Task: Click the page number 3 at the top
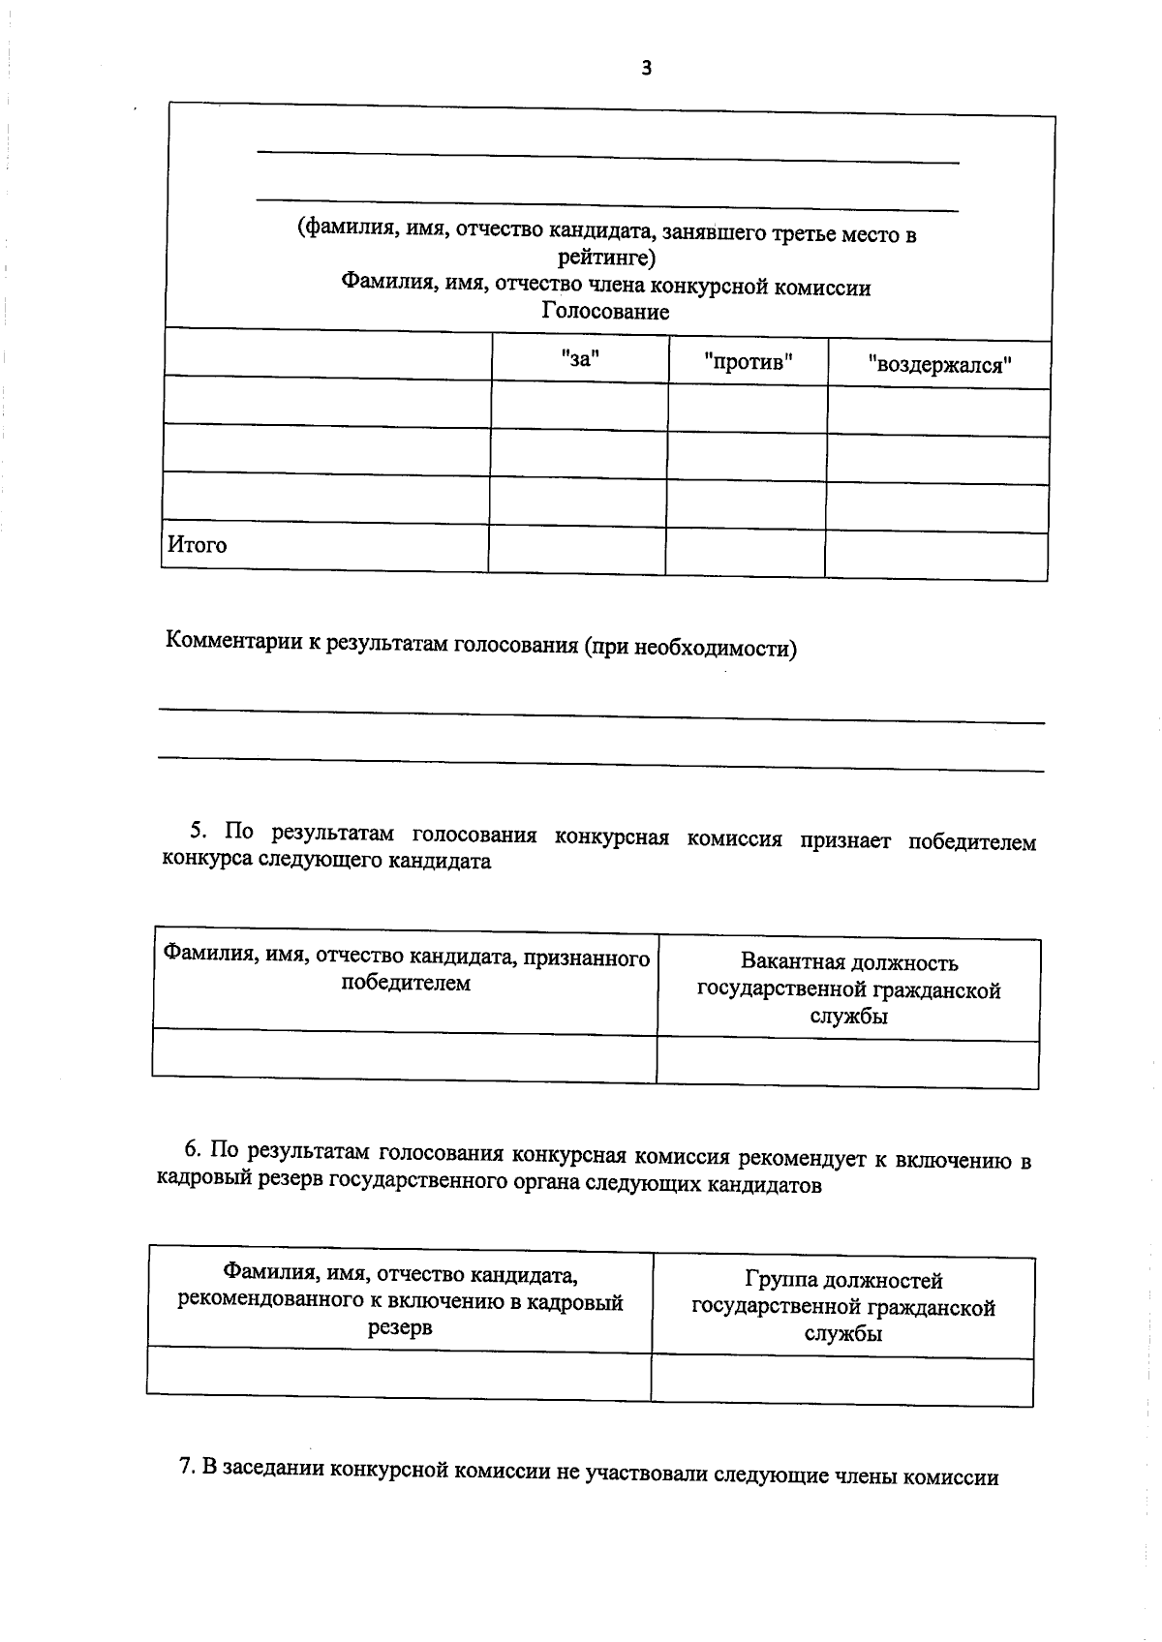pyautogui.click(x=646, y=68)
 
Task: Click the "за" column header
pyautogui.click(x=580, y=359)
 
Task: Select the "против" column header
pyautogui.click(x=749, y=363)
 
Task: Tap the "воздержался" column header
pyautogui.click(x=939, y=366)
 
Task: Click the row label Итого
pyautogui.click(x=198, y=544)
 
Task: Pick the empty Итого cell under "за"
pyautogui.click(x=577, y=550)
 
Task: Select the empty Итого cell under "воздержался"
pyautogui.click(x=935, y=556)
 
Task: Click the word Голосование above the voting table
pyautogui.click(x=605, y=312)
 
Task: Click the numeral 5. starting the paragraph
pyautogui.click(x=199, y=831)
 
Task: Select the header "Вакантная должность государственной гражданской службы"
pyautogui.click(x=848, y=989)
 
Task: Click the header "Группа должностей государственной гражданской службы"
pyautogui.click(x=843, y=1307)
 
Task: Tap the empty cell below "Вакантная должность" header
pyautogui.click(x=847, y=1063)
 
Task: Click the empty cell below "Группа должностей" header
pyautogui.click(x=841, y=1382)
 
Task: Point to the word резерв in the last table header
pyautogui.click(x=400, y=1327)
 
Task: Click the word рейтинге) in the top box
pyautogui.click(x=607, y=258)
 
